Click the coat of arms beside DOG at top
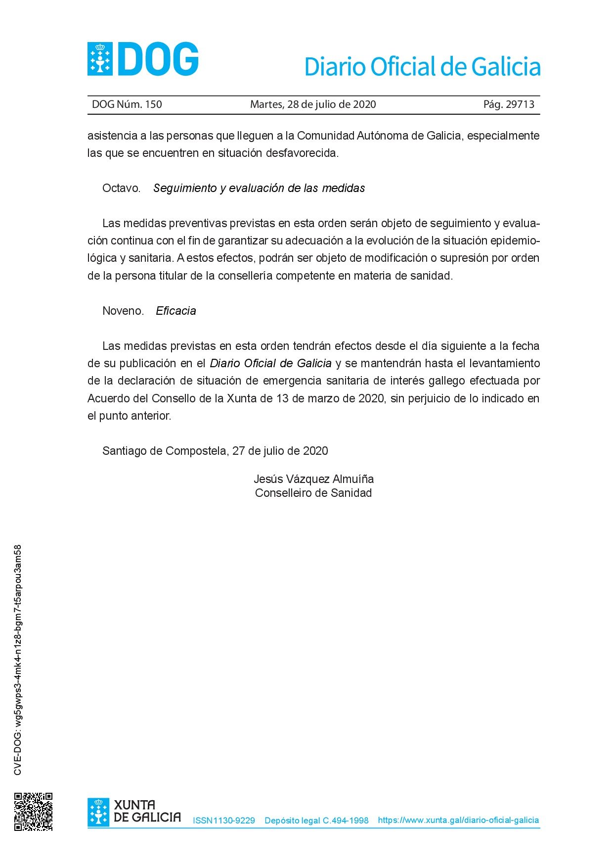click(100, 59)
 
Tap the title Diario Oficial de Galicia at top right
click(422, 67)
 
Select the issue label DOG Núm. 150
click(127, 104)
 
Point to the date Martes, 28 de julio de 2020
click(313, 104)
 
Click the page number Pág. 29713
click(509, 104)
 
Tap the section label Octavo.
click(121, 188)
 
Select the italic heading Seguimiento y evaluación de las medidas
click(259, 188)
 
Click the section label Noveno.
click(123, 311)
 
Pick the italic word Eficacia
click(176, 311)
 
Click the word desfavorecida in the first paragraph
click(302, 153)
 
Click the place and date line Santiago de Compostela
click(215, 451)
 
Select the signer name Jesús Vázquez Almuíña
click(313, 479)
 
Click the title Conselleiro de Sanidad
click(313, 493)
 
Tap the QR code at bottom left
click(33, 812)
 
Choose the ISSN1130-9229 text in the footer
click(224, 820)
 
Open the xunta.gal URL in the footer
click(458, 820)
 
